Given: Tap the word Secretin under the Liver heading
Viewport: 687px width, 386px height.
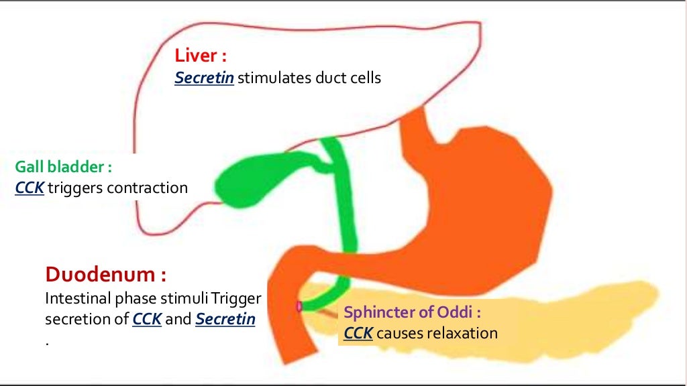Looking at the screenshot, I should pos(204,78).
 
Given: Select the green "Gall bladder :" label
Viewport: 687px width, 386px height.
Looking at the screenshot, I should pos(63,166).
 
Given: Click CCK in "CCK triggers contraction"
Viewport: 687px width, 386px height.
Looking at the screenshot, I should pos(30,188).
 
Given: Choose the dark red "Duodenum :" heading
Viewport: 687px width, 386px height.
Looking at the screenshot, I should pos(105,274).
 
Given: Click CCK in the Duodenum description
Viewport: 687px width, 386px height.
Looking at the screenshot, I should pos(147,319).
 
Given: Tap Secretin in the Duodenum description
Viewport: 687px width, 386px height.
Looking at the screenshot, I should pos(225,319).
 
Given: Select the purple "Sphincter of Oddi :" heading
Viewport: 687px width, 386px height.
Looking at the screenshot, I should pos(413,312).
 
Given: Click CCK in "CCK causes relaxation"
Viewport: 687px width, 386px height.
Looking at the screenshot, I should pos(358,333).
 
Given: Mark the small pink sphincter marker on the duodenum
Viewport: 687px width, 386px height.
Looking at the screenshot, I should pos(299,306).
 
